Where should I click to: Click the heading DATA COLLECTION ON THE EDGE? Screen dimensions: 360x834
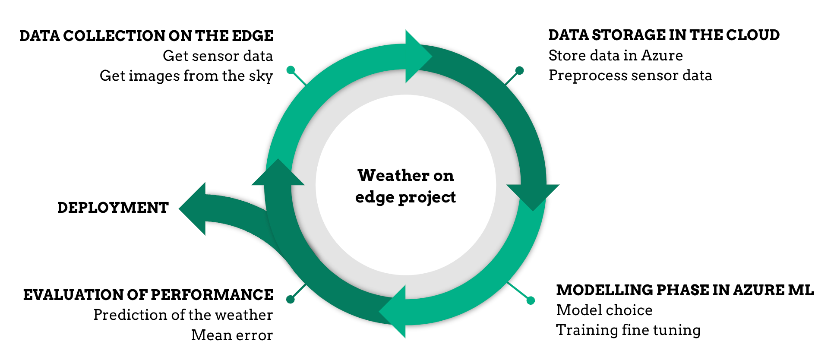[x=146, y=36]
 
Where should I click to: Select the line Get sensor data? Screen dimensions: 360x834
[x=218, y=56]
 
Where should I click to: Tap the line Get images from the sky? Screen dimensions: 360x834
[x=186, y=76]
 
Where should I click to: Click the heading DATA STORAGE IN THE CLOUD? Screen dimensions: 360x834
[x=664, y=35]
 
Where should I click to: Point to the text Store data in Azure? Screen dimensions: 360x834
[x=616, y=55]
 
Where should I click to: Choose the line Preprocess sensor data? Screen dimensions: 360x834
[x=630, y=76]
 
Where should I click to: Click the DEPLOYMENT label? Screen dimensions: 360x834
[x=113, y=208]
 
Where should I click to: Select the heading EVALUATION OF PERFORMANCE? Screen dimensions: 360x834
[x=148, y=295]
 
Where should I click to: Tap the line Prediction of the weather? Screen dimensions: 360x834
[x=183, y=315]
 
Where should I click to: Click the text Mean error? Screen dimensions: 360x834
[x=232, y=335]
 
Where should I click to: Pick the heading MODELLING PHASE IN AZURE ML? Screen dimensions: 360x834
[x=685, y=290]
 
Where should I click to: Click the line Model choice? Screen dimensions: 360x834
[x=604, y=310]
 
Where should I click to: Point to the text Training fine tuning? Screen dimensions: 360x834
[x=628, y=330]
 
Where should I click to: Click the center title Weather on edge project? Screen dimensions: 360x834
[x=405, y=186]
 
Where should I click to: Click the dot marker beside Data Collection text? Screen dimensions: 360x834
[x=291, y=70]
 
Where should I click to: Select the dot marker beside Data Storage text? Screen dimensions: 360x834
[x=520, y=70]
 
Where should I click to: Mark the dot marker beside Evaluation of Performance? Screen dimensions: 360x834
[x=291, y=299]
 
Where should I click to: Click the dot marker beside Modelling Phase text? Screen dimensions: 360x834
[x=531, y=300]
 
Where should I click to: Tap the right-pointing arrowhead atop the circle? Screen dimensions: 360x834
[x=418, y=56]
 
